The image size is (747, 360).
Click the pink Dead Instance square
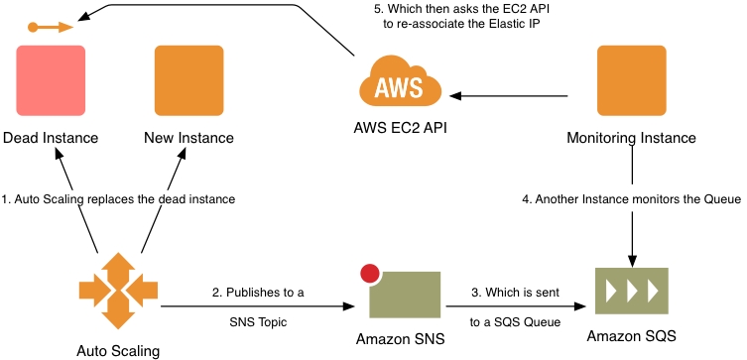[51, 79]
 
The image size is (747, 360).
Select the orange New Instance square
[188, 79]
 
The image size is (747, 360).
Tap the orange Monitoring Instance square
[631, 79]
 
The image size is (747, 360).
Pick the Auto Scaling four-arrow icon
[118, 291]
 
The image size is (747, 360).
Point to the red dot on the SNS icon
[371, 274]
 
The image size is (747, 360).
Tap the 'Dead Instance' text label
[51, 138]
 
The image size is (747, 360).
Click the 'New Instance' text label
[188, 138]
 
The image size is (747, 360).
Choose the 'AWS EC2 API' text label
[400, 129]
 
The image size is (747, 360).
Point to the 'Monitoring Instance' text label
[631, 138]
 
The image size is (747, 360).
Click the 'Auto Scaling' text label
[118, 349]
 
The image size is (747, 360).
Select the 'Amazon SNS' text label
[401, 340]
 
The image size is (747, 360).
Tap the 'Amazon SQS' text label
[631, 336]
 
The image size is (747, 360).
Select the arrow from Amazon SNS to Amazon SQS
[516, 306]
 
